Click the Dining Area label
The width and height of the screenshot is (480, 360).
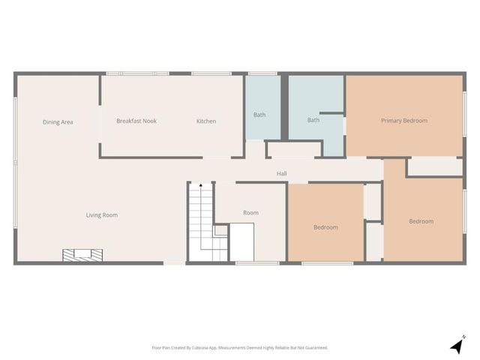click(x=58, y=122)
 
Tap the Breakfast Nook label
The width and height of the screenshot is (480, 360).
click(x=136, y=121)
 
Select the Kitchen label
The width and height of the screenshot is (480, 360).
click(x=206, y=121)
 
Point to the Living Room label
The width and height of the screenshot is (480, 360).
click(x=101, y=215)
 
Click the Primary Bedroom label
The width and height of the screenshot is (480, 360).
click(x=404, y=121)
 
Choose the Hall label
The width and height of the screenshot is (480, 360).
click(x=281, y=174)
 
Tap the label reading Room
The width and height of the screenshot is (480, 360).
click(x=250, y=213)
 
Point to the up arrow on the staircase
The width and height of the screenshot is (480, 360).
click(x=200, y=185)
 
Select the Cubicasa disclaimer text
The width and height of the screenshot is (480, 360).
click(x=239, y=348)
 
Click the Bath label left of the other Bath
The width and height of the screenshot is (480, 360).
click(x=259, y=115)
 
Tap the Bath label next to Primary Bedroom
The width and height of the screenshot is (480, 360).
click(x=313, y=120)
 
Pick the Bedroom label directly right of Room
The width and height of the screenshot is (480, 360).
click(x=325, y=227)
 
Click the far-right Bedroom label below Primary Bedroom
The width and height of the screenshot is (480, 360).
click(x=421, y=221)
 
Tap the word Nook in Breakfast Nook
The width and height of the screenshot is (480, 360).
click(x=149, y=121)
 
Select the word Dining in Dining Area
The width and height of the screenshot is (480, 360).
click(x=51, y=122)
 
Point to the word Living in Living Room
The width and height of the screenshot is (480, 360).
click(x=93, y=215)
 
